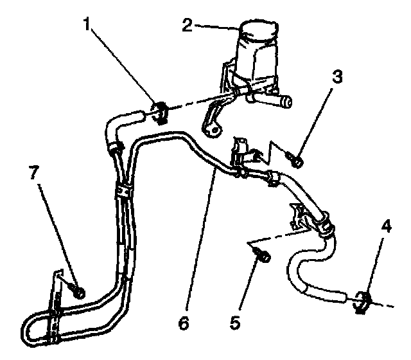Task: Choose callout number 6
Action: pyautogui.click(x=184, y=323)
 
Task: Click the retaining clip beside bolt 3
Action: pyautogui.click(x=244, y=152)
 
